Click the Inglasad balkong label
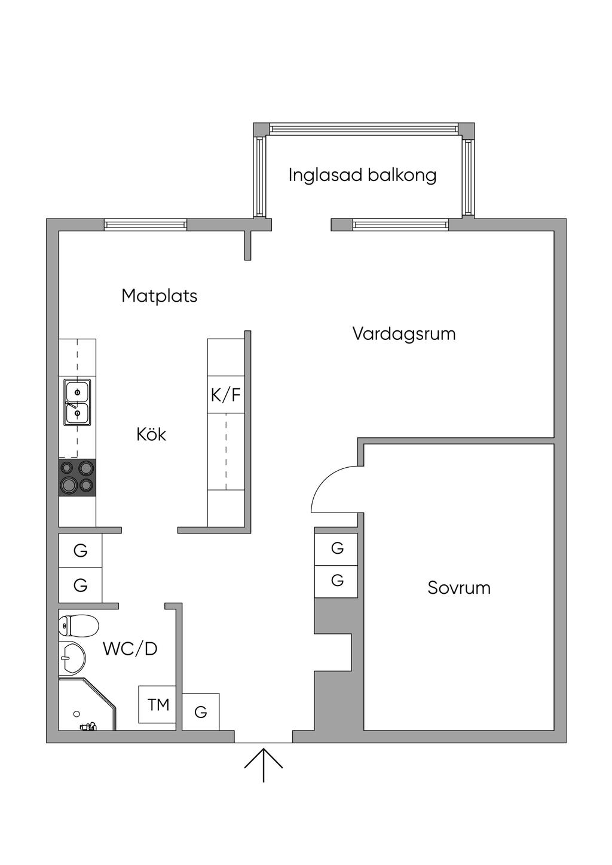click(362, 175)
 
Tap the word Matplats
click(159, 296)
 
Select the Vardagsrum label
click(404, 334)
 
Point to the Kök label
click(151, 434)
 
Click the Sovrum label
click(459, 588)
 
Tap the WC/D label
click(130, 649)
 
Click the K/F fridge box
click(226, 394)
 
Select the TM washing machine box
click(157, 705)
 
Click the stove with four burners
click(77, 477)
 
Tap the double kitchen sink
click(77, 403)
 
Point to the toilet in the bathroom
click(78, 625)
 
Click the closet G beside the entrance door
click(201, 711)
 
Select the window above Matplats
click(145, 225)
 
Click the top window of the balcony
click(363, 128)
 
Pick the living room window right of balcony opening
click(400, 225)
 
